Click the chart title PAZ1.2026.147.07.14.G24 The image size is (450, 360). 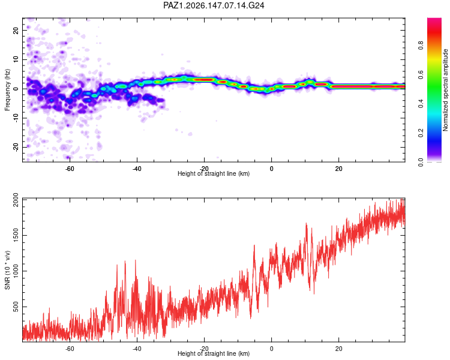tap(214, 5)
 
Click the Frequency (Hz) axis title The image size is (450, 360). tap(7, 90)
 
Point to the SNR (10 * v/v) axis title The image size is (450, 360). tap(7, 270)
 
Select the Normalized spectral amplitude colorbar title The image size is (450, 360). tap(445, 90)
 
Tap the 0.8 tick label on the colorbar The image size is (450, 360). tap(421, 46)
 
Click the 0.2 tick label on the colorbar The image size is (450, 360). tap(421, 133)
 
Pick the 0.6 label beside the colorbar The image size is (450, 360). tap(421, 74)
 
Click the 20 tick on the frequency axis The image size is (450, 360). tap(16, 31)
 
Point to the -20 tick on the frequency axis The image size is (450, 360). tap(16, 147)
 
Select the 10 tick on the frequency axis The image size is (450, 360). tap(16, 59)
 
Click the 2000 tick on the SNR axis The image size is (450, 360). tap(16, 200)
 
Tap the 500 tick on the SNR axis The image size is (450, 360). tap(16, 307)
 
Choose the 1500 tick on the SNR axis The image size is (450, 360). tap(16, 235)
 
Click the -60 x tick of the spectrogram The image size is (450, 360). tap(70, 169)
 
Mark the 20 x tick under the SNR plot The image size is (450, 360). tap(338, 349)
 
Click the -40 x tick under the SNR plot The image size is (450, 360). tap(137, 349)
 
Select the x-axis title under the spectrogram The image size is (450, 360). tap(214, 173)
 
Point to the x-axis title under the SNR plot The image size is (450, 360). tap(214, 353)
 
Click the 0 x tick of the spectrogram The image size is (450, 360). tap(271, 169)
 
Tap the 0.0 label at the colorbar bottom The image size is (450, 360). tap(421, 162)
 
